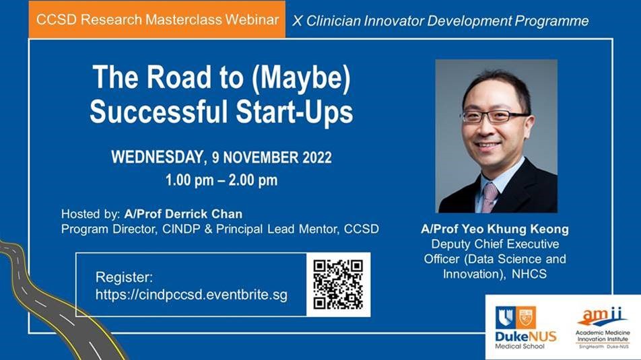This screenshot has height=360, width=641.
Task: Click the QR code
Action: [338, 285]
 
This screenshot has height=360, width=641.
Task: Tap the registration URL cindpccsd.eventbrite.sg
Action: [191, 295]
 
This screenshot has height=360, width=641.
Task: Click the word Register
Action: [124, 277]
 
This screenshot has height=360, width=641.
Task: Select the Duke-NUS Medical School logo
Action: [525, 328]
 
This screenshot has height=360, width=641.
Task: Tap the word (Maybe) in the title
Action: [301, 77]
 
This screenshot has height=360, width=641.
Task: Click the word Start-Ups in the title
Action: [294, 112]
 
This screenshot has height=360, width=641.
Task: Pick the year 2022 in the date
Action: [317, 157]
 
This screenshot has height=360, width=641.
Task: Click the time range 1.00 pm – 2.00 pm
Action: [221, 180]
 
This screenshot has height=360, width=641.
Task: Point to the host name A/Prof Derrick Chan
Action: [183, 214]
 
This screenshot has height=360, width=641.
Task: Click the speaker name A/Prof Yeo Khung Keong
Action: [495, 229]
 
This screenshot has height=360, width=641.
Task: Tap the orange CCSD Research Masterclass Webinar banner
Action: [157, 20]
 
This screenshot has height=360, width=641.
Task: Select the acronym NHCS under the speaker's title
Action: [529, 273]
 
